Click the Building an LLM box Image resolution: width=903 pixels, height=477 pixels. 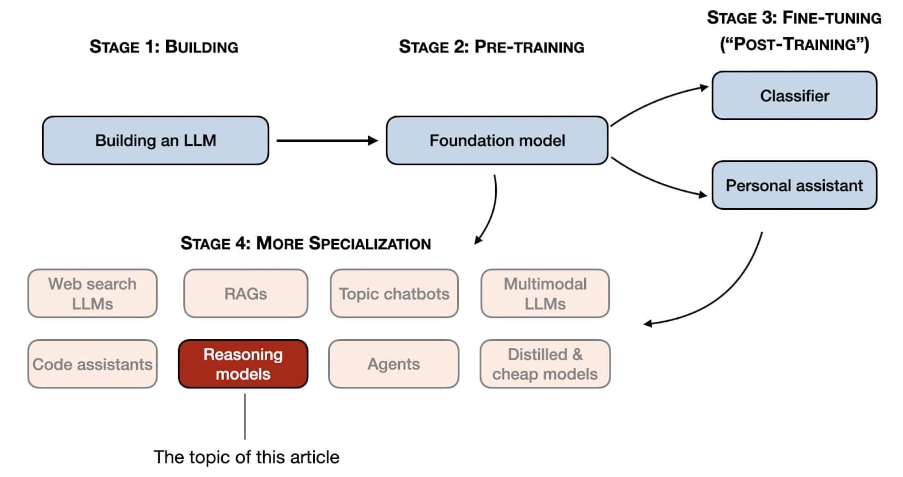[155, 141]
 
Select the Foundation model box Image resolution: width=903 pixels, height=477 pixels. [497, 141]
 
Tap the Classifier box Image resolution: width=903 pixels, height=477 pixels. [794, 96]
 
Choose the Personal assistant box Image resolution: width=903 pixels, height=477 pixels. [794, 186]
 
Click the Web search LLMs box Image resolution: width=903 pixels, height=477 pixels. [92, 294]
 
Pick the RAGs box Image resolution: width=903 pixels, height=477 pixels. [246, 294]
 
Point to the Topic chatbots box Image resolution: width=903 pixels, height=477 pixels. [394, 294]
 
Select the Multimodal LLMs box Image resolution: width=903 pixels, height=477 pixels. [545, 294]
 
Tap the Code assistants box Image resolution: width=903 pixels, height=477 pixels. [92, 364]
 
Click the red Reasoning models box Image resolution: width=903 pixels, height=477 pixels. [243, 364]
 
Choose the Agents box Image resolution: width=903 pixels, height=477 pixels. [393, 364]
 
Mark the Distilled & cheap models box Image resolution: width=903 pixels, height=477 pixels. [545, 364]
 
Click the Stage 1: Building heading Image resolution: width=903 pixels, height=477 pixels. [164, 47]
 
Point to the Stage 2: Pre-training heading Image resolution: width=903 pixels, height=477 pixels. [491, 47]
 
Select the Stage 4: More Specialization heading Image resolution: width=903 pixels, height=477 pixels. [306, 244]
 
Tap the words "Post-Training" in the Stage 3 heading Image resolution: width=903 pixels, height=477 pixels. [794, 44]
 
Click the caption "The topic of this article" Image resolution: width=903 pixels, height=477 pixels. [246, 457]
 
